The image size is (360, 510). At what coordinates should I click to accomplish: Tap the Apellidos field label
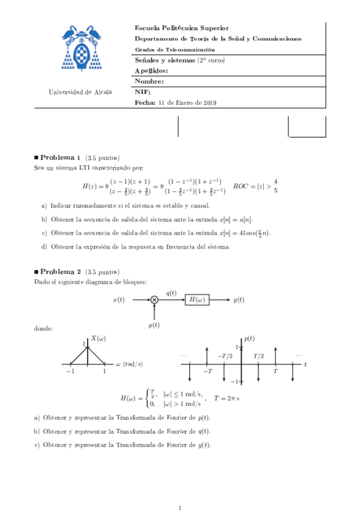pyautogui.click(x=151, y=71)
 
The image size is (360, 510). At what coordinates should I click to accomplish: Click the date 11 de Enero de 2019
pyautogui.click(x=187, y=102)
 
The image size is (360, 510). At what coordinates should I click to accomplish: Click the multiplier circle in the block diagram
pyautogui.click(x=154, y=300)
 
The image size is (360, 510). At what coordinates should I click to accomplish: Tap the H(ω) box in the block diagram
pyautogui.click(x=197, y=300)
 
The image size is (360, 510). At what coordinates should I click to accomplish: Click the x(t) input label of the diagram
pyautogui.click(x=118, y=300)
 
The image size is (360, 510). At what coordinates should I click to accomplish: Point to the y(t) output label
pyautogui.click(x=238, y=300)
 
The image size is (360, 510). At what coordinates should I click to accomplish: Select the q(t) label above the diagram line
pyautogui.click(x=171, y=292)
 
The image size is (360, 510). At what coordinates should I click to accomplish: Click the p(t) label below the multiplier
pyautogui.click(x=154, y=325)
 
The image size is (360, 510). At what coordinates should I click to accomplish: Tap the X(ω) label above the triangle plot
pyautogui.click(x=99, y=338)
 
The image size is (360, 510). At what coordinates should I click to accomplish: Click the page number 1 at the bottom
pyautogui.click(x=180, y=493)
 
